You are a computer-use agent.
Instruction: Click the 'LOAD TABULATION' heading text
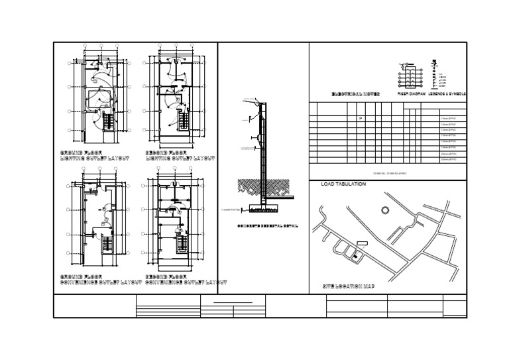coord(343,184)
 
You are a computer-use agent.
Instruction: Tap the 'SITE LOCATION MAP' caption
coord(349,286)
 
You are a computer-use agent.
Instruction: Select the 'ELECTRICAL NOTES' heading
coord(355,95)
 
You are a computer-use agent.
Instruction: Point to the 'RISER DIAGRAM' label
coord(411,95)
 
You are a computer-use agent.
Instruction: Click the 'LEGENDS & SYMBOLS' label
coord(447,95)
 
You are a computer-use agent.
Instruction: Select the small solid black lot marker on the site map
coord(355,256)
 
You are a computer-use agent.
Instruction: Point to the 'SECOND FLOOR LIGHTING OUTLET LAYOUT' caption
coord(180,156)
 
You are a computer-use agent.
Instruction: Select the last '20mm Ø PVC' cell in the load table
coord(449,160)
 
